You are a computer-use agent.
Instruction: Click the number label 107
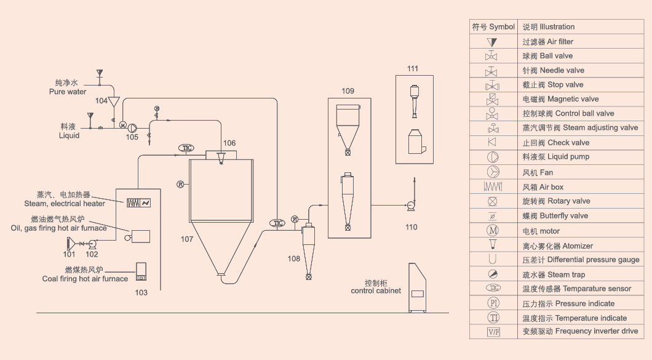(x=188, y=237)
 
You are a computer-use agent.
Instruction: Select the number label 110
(x=411, y=227)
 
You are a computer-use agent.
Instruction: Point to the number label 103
(x=141, y=292)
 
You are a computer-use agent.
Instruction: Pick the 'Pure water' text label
(x=68, y=92)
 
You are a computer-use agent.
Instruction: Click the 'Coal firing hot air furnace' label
(x=85, y=279)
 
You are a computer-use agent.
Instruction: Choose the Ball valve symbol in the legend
(x=492, y=56)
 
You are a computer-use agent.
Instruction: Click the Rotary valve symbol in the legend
(x=492, y=201)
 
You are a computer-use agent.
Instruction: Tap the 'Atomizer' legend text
(x=557, y=246)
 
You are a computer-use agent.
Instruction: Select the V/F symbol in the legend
(x=493, y=332)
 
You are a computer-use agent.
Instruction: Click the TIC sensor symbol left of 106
(x=186, y=148)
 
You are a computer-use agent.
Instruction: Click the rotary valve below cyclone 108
(x=308, y=278)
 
